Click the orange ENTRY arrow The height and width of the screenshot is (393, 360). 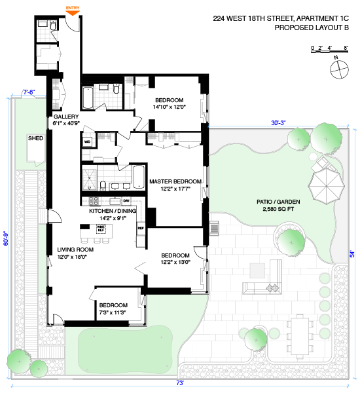[73, 13]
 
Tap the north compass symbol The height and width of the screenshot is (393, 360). [339, 69]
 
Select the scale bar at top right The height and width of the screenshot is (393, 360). [329, 51]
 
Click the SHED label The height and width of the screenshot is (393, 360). [35, 138]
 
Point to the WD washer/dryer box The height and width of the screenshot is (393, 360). [87, 142]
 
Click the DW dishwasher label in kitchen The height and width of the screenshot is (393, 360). [126, 200]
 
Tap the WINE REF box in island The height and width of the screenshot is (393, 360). [101, 229]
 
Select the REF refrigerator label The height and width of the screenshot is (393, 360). [141, 229]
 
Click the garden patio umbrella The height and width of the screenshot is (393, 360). [326, 186]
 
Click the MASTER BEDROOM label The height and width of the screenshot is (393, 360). [175, 181]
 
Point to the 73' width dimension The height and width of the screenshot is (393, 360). [180, 383]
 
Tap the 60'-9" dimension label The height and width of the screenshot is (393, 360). [6, 238]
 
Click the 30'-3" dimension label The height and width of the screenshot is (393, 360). [278, 123]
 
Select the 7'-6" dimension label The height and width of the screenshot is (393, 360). [29, 92]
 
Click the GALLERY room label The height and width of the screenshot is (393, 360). [66, 117]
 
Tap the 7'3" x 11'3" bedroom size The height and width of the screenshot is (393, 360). [113, 312]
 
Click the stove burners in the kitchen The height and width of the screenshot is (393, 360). [94, 201]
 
